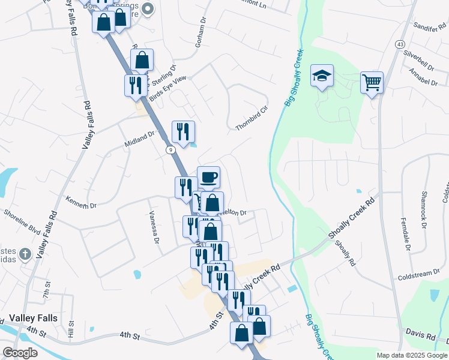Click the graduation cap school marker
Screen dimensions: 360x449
coord(322,76)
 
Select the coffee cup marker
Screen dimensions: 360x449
coord(208,177)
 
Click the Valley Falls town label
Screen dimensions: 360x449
coord(34,320)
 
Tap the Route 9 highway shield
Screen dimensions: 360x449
coord(171,149)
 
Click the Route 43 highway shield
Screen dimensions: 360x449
coord(400,44)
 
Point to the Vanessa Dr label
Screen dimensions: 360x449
coord(154,229)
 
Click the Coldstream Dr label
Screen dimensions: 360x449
coord(423,275)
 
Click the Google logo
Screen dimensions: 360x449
coord(20,352)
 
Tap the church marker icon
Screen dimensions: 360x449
coord(25,254)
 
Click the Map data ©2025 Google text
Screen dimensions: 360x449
coord(412,355)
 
